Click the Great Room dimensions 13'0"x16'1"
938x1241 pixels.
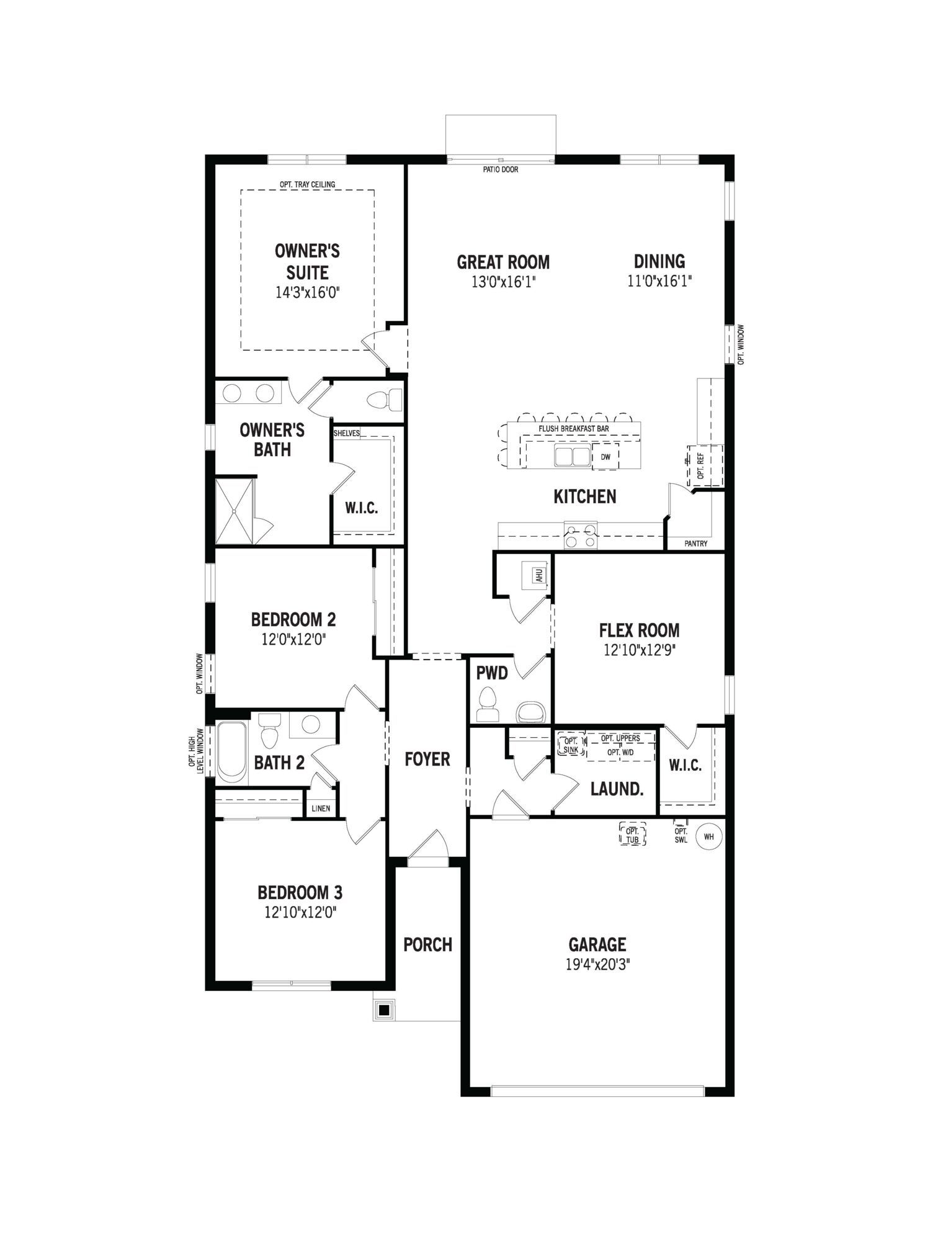pyautogui.click(x=503, y=282)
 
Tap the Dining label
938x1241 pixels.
pyautogui.click(x=659, y=261)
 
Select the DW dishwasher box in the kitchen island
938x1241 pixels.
pyautogui.click(x=605, y=457)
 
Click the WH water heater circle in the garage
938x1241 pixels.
pyautogui.click(x=709, y=836)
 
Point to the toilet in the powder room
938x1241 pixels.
pyautogui.click(x=488, y=704)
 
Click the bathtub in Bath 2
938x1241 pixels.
pyautogui.click(x=232, y=751)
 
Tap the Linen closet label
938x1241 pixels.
pyautogui.click(x=321, y=809)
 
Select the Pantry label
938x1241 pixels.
pyautogui.click(x=695, y=544)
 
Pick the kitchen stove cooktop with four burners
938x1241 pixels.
pyautogui.click(x=581, y=536)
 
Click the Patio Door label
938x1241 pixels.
pyautogui.click(x=501, y=169)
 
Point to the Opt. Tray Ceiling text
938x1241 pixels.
pyautogui.click(x=307, y=184)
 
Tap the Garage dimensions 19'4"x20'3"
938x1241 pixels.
pyautogui.click(x=597, y=965)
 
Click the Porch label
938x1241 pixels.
pyautogui.click(x=428, y=944)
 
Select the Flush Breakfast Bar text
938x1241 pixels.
pyautogui.click(x=574, y=429)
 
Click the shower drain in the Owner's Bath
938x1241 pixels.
pyautogui.click(x=234, y=511)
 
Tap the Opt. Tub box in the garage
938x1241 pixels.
pyautogui.click(x=632, y=834)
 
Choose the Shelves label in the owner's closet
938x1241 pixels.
pyautogui.click(x=347, y=433)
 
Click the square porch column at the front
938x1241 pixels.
pyautogui.click(x=384, y=1010)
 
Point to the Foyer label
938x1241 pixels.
pyautogui.click(x=427, y=759)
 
